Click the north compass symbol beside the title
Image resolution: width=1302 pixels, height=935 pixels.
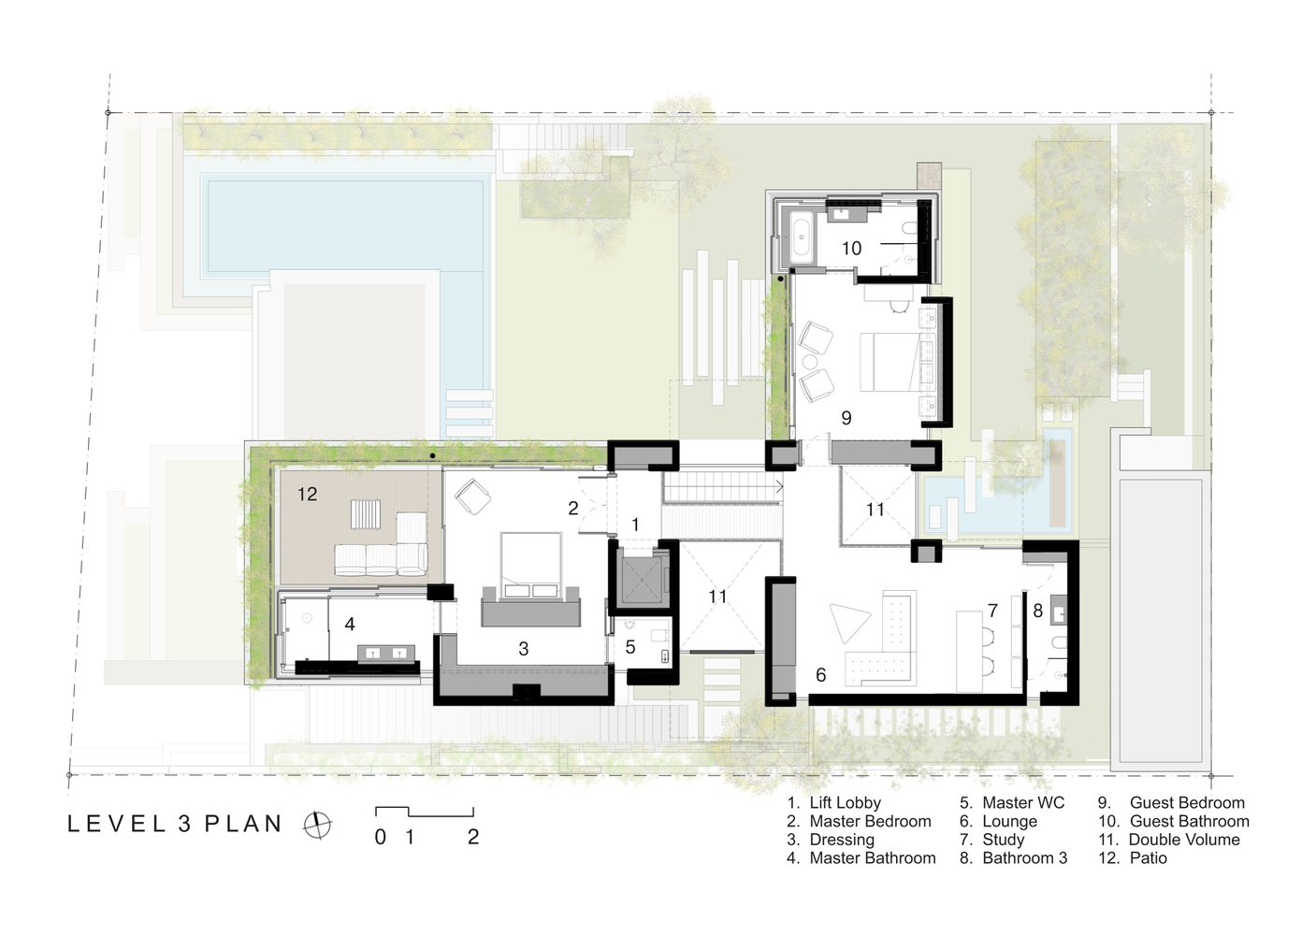(317, 825)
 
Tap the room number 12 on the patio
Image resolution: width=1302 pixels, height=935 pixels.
(307, 494)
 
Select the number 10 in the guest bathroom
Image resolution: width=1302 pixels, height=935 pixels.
(851, 249)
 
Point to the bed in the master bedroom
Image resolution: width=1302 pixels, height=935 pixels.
(531, 564)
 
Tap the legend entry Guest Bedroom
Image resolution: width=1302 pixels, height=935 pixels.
(1171, 802)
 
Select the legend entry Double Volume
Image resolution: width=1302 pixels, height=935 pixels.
(1169, 840)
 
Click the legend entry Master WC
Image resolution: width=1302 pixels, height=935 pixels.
(1012, 802)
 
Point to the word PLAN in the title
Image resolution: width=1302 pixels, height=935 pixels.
(243, 824)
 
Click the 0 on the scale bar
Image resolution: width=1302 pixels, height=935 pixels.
(380, 838)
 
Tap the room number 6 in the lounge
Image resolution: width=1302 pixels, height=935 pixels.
(820, 675)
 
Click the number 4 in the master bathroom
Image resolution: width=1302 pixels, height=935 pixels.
(349, 624)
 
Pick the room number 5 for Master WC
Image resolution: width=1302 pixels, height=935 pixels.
(630, 647)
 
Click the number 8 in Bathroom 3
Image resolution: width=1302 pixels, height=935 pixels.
(1037, 611)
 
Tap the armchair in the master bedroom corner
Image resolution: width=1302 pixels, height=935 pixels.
(472, 496)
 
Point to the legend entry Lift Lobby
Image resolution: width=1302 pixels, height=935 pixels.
(834, 802)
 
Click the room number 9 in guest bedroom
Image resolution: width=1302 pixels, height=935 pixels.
(846, 418)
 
